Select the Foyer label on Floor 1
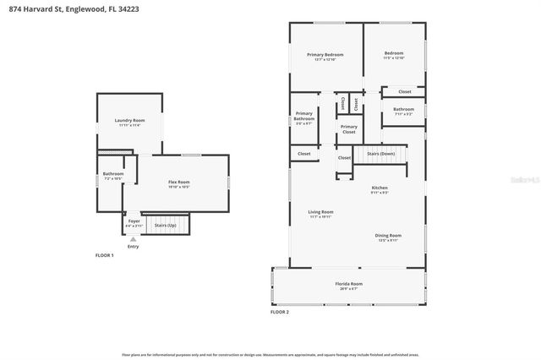click(134, 222)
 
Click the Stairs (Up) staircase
click(166, 225)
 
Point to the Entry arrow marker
click(133, 240)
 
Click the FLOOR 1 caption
click(106, 254)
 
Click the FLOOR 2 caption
click(279, 312)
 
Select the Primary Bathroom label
click(303, 118)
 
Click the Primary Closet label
click(348, 129)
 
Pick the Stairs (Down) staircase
click(380, 155)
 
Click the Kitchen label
click(380, 189)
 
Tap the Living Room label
click(320, 214)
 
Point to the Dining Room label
click(388, 237)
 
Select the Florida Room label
click(349, 285)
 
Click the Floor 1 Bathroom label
click(113, 176)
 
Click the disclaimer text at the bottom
click(270, 356)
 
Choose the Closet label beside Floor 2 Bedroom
click(404, 91)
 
